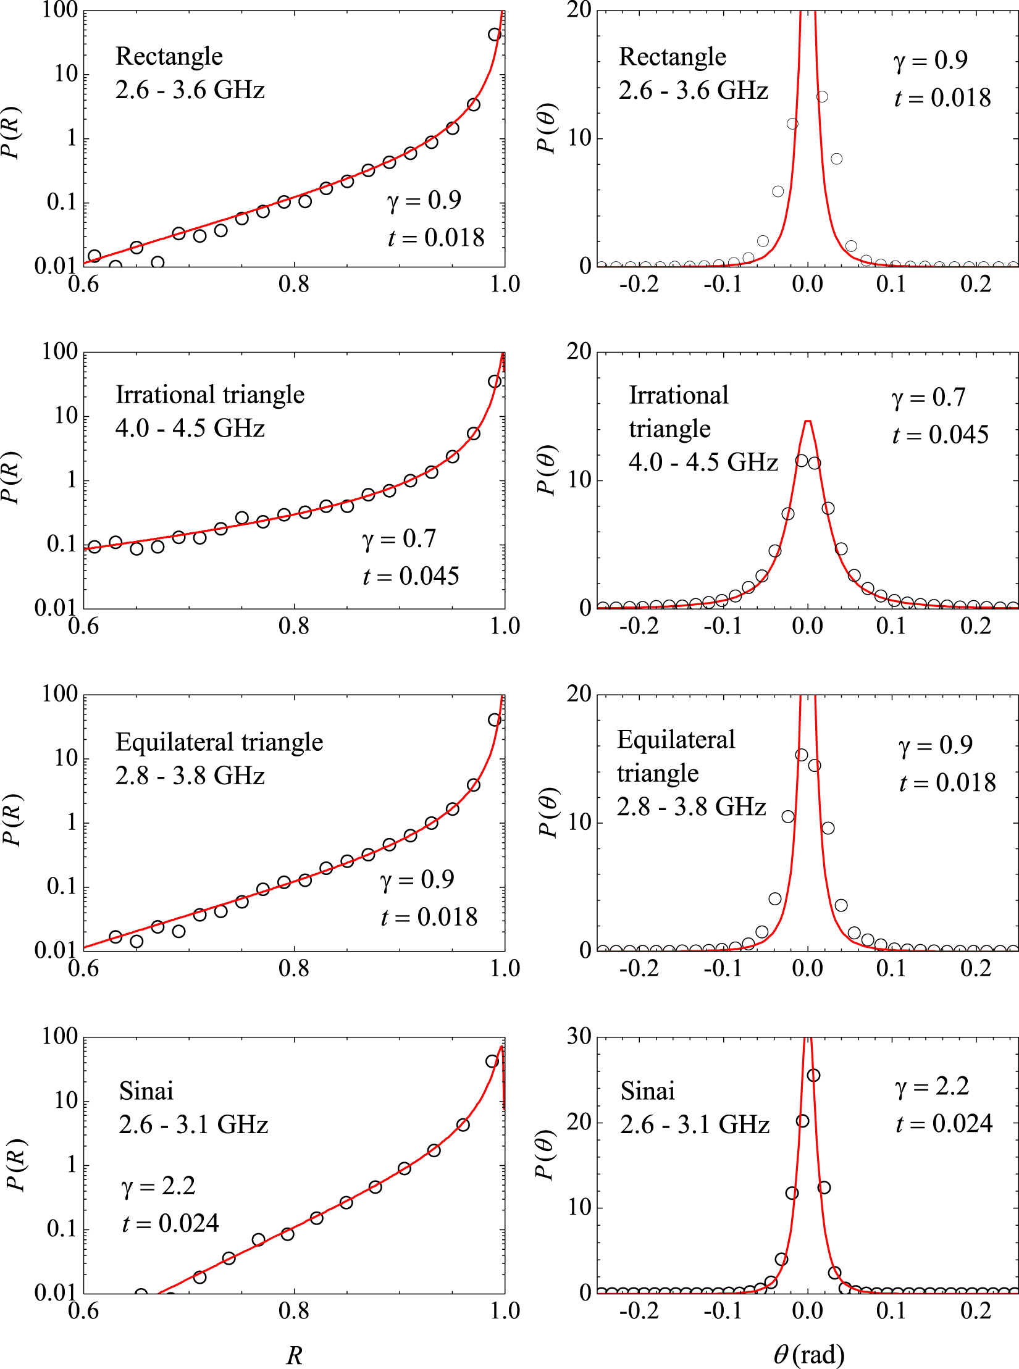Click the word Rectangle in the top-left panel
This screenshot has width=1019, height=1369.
(169, 56)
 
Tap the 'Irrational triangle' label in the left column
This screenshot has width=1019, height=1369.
(210, 395)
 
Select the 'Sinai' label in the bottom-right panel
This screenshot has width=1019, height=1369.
(647, 1091)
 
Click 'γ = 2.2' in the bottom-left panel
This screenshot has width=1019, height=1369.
(158, 1186)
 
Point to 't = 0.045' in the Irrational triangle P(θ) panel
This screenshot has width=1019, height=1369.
(940, 435)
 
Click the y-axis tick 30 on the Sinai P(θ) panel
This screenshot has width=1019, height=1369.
(579, 1037)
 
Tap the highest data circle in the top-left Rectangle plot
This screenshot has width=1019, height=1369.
(495, 35)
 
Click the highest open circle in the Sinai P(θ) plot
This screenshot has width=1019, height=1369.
(814, 1075)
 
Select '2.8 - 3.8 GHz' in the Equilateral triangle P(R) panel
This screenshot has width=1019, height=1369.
(190, 776)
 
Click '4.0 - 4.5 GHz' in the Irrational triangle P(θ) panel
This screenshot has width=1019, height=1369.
(703, 462)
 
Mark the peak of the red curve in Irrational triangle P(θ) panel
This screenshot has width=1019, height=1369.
(807, 421)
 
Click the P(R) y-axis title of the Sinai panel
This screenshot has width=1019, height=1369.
(15, 1165)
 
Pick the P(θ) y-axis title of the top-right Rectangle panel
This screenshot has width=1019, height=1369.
(546, 128)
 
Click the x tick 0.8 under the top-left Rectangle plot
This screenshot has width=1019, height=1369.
(295, 284)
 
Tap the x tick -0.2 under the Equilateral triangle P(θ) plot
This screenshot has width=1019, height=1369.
(639, 968)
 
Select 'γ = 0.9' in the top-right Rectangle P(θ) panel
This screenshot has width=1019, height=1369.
(930, 61)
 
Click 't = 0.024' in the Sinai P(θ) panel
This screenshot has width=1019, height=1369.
(944, 1123)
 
